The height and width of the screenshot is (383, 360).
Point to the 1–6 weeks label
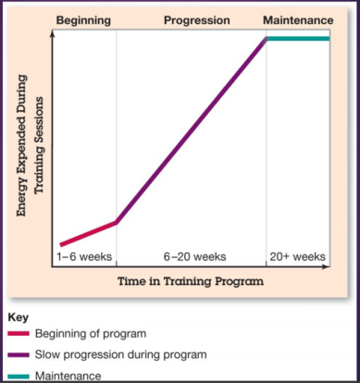[x=84, y=256]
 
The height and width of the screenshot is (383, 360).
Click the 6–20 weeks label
[x=191, y=256]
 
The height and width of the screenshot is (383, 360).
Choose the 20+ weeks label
[x=297, y=256]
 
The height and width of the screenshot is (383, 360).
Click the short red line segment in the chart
[x=88, y=233]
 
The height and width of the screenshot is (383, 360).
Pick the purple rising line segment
[x=191, y=130]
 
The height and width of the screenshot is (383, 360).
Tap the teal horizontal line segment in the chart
[x=298, y=39]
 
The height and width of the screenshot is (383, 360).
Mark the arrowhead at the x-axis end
[x=326, y=268]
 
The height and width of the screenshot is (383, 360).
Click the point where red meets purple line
[x=117, y=222]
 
